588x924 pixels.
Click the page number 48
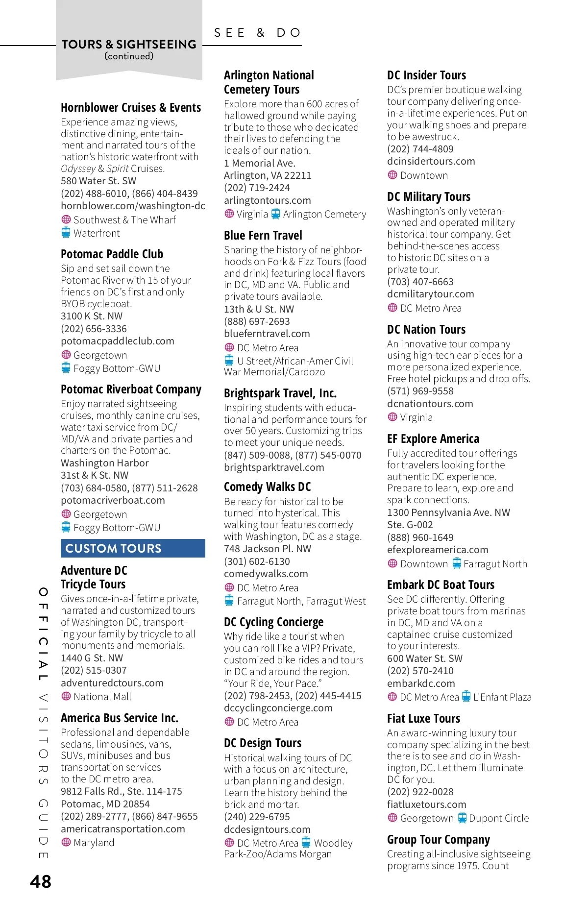pyautogui.click(x=41, y=881)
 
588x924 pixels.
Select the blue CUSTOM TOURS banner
pyautogui.click(x=133, y=548)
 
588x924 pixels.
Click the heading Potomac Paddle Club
pyautogui.click(x=112, y=254)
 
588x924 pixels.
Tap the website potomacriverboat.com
pyautogui.click(x=113, y=500)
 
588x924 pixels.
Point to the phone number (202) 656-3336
pyautogui.click(x=94, y=328)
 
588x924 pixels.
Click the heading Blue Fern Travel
pyautogui.click(x=263, y=235)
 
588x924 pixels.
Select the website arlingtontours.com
pyautogui.click(x=267, y=200)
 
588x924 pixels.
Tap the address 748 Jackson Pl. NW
pyautogui.click(x=267, y=549)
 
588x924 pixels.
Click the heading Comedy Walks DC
pyautogui.click(x=267, y=486)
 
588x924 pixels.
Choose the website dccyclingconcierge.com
pyautogui.click(x=278, y=708)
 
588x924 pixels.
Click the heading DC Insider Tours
pyautogui.click(x=426, y=75)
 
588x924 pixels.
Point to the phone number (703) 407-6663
pyautogui.click(x=420, y=282)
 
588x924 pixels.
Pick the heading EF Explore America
pyautogui.click(x=433, y=438)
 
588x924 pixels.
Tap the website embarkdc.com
pyautogui.click(x=420, y=683)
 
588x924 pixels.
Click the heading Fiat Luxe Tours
pyautogui.click(x=423, y=718)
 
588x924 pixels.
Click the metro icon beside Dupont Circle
pyautogui.click(x=462, y=818)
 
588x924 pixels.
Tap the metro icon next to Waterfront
pyautogui.click(x=66, y=233)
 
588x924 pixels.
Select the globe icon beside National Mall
pyautogui.click(x=66, y=696)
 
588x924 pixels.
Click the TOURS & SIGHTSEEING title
pyautogui.click(x=129, y=44)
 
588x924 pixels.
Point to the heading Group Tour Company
pyautogui.click(x=438, y=839)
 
